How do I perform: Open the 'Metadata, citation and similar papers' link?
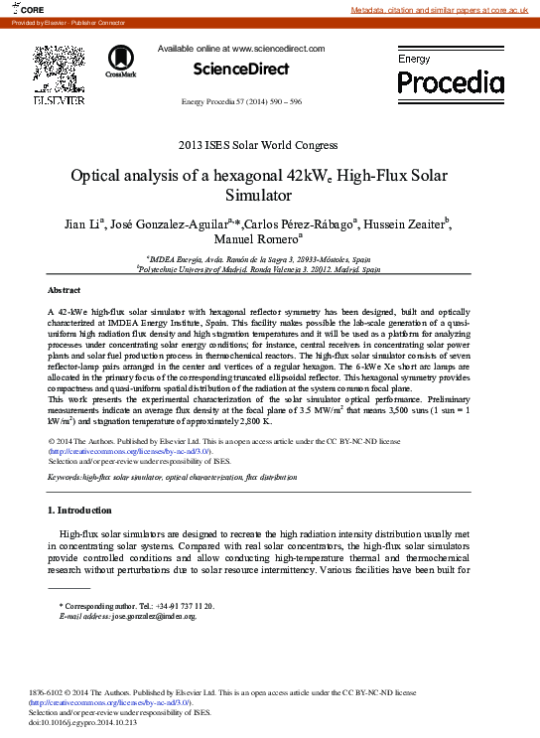pyautogui.click(x=444, y=9)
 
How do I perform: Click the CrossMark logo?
pyautogui.click(x=121, y=61)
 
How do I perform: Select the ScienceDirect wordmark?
pyautogui.click(x=241, y=69)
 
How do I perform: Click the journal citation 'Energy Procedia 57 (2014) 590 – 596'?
pyautogui.click(x=241, y=102)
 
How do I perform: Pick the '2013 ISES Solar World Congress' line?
pyautogui.click(x=257, y=146)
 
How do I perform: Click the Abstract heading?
pyautogui.click(x=65, y=290)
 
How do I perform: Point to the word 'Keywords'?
pyautogui.click(x=64, y=478)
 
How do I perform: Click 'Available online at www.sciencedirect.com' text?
pyautogui.click(x=241, y=48)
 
